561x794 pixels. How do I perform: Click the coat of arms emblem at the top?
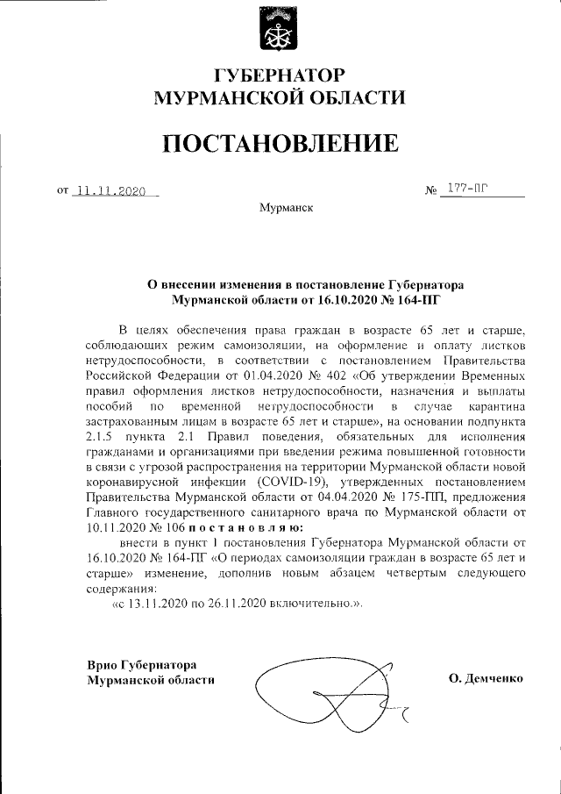point(280,28)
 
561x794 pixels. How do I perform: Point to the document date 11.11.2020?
point(110,190)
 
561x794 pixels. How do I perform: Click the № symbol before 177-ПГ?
point(430,190)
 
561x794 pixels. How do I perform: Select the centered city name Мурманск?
point(280,209)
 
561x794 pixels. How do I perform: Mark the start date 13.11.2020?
point(160,604)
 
